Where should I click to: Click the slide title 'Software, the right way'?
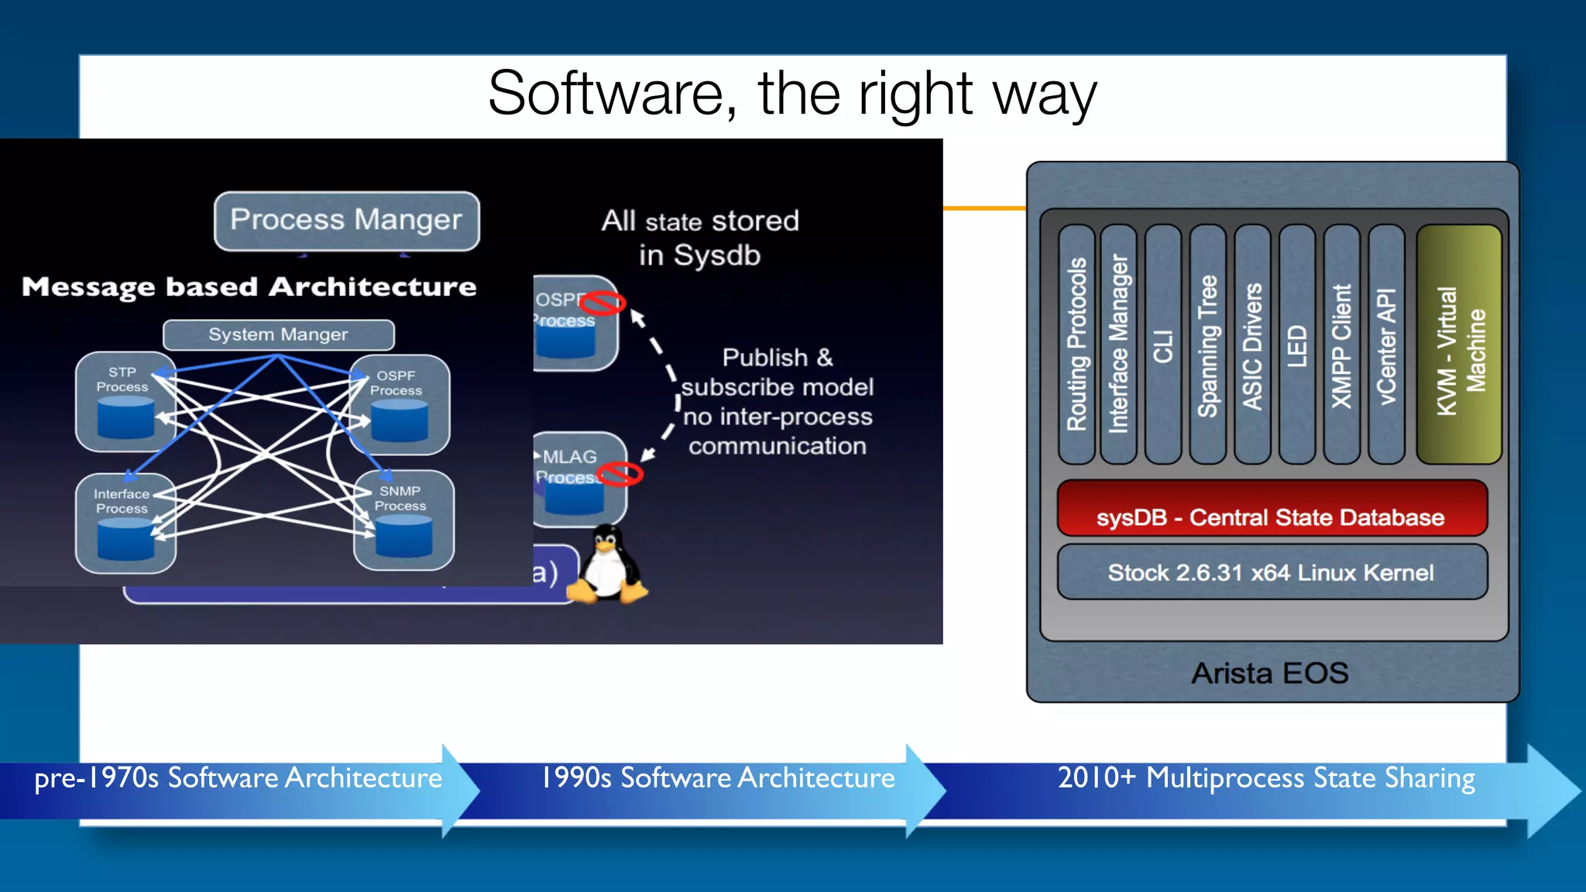[x=792, y=94]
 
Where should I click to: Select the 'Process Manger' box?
[x=346, y=221]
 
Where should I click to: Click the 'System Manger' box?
[x=278, y=334]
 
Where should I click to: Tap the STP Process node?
[x=124, y=401]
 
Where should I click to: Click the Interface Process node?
[x=125, y=523]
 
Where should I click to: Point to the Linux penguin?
[x=608, y=565]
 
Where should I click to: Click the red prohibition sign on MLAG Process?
[x=620, y=474]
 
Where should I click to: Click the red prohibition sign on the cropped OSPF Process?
[x=603, y=303]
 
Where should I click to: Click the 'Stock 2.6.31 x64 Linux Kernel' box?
[x=1272, y=572]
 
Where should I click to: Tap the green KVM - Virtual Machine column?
[x=1459, y=345]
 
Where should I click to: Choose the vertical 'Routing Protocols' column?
[x=1076, y=345]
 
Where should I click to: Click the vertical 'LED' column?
[x=1297, y=345]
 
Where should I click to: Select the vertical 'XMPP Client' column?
[x=1341, y=345]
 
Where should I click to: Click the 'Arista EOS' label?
[x=1270, y=673]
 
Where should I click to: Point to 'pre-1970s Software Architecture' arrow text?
[x=238, y=777]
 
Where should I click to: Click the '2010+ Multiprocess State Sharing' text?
[x=1266, y=777]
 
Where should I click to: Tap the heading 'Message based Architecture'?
[x=249, y=287]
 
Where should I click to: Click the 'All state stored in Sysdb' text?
[x=700, y=238]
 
